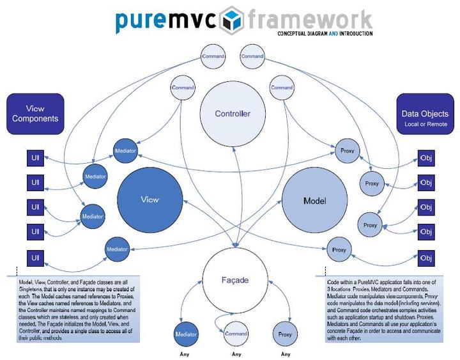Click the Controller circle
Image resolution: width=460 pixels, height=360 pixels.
coord(233,114)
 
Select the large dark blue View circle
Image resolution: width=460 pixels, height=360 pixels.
coord(149,200)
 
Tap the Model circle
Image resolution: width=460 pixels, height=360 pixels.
coord(314,201)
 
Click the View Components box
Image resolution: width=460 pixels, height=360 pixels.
coord(36,114)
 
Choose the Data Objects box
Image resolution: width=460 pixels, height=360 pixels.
coord(425,114)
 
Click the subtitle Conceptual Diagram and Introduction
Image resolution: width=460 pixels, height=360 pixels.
coord(325,33)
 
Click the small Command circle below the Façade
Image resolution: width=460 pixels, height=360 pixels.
coord(236,333)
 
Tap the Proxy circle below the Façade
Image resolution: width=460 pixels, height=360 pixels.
coord(285,334)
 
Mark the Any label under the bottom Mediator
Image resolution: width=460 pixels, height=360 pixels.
coord(187,354)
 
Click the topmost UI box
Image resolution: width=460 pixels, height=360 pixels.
coord(36,158)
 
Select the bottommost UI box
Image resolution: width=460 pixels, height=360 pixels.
coord(36,258)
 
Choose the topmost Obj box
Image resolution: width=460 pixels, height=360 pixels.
coord(425,158)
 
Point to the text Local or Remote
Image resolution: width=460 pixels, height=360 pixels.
coord(425,123)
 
